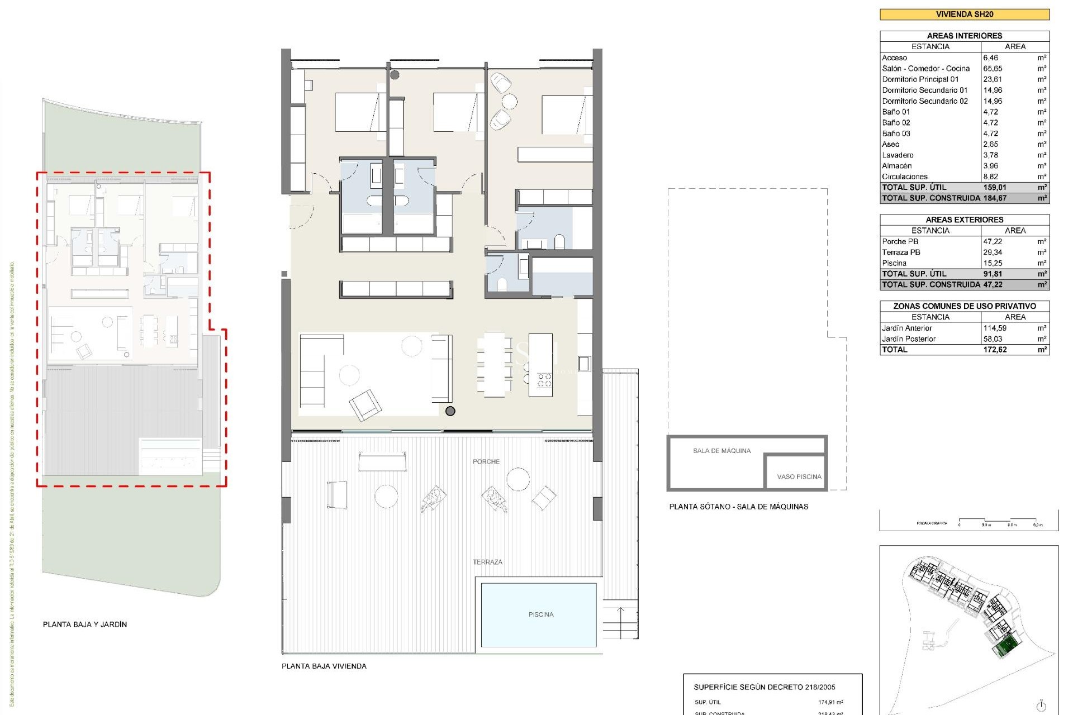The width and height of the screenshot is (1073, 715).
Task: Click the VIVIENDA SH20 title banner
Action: tap(964, 15)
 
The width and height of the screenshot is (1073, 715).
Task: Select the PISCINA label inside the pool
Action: tap(540, 614)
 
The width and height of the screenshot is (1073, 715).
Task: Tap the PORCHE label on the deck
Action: tap(486, 461)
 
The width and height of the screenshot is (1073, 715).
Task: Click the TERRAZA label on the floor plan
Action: tap(487, 562)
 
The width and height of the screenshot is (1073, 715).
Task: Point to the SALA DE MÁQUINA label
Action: tap(721, 451)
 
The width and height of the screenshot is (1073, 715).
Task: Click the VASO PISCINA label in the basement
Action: tap(799, 476)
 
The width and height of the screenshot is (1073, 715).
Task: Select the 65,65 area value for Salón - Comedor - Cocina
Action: tap(993, 69)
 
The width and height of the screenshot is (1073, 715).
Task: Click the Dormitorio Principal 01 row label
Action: tap(920, 79)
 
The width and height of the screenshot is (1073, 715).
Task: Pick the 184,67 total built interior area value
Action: tap(995, 198)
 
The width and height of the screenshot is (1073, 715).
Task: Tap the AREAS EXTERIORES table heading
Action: tap(964, 220)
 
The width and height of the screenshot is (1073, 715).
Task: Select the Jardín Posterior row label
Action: tap(908, 339)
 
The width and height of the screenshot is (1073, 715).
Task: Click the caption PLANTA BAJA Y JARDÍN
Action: tap(85, 624)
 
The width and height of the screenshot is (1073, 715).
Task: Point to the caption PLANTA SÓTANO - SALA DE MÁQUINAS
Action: tap(738, 506)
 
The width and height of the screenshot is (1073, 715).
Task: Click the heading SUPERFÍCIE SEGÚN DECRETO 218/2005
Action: tap(764, 687)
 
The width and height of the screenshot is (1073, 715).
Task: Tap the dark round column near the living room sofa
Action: tap(450, 411)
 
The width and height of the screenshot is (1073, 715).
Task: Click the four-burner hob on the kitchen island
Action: tap(544, 380)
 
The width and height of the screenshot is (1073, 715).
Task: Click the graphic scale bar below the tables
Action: tap(999, 521)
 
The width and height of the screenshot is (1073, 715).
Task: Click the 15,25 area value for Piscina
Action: tap(993, 263)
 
